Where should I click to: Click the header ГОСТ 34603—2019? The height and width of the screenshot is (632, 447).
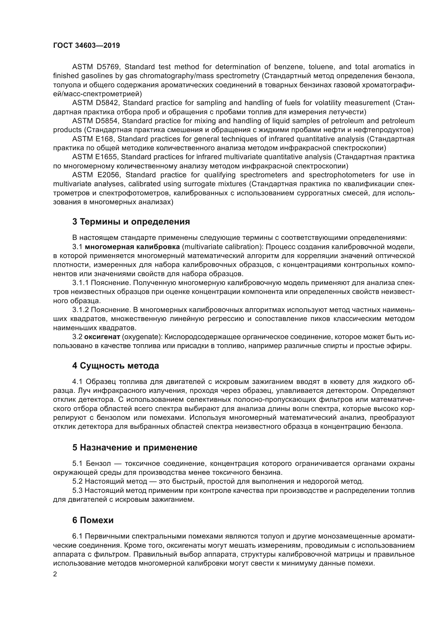click(86, 46)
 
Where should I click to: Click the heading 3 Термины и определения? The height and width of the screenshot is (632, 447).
click(131, 222)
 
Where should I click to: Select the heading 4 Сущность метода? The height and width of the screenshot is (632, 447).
click(116, 366)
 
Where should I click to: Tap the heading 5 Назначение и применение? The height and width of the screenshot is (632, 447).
click(135, 447)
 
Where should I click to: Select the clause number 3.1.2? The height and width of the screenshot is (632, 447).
click(80, 310)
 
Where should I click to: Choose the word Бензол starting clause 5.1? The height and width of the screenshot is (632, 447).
click(96, 464)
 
